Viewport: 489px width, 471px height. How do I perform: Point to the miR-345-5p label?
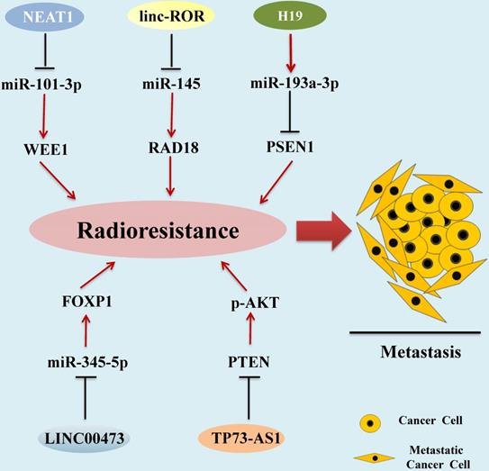pyautogui.click(x=86, y=363)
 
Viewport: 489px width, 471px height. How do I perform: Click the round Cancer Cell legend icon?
pyautogui.click(x=368, y=423)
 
